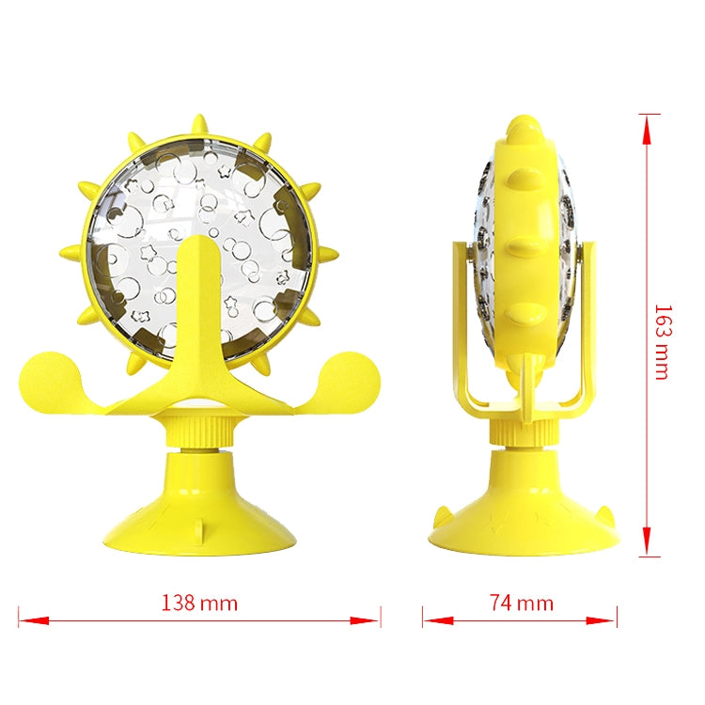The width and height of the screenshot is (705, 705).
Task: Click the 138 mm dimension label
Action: click(x=199, y=603)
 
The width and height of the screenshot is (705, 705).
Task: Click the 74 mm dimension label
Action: click(x=521, y=603)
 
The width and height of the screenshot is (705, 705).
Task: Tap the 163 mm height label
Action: click(x=663, y=342)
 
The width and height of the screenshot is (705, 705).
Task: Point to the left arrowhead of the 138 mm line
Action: click(x=34, y=621)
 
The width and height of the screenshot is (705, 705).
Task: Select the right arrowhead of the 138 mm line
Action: click(x=365, y=621)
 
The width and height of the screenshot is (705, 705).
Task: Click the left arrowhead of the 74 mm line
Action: click(x=438, y=621)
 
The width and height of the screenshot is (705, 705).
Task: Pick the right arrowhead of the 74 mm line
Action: click(x=602, y=621)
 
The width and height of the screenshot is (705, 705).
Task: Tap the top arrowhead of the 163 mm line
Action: click(x=646, y=130)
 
